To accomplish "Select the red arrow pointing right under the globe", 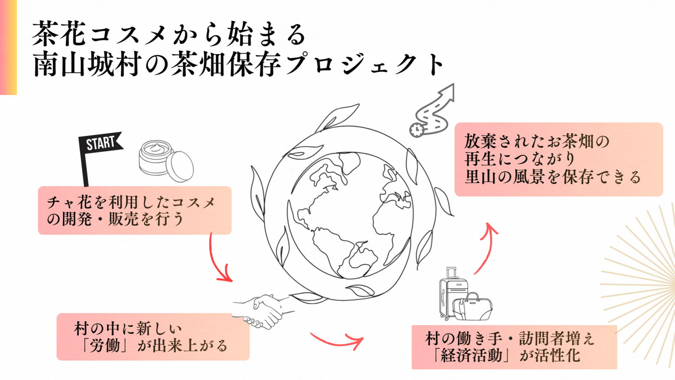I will [x=337, y=340].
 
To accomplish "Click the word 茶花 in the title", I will [x=59, y=34].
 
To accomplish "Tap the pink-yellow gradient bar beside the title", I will [x=8, y=47].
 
